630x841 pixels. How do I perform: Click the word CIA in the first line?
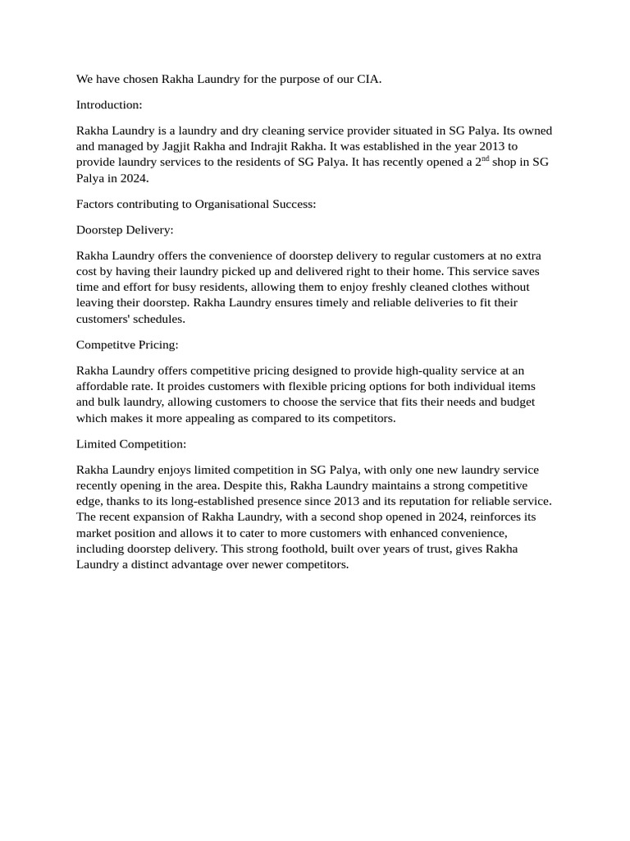(367, 80)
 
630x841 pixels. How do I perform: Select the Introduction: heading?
(109, 105)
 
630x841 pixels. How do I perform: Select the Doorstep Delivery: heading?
(125, 230)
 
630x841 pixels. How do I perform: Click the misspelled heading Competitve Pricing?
(127, 345)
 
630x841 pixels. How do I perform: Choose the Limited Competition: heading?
(131, 444)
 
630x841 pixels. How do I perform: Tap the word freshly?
(363, 287)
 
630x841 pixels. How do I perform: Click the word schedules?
(155, 319)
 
